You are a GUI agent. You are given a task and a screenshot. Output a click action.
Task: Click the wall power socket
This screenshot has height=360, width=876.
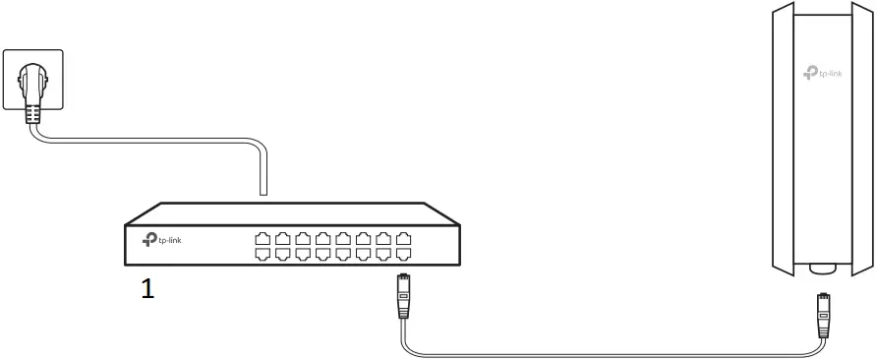click(33, 79)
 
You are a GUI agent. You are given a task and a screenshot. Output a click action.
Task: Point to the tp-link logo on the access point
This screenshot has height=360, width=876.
click(822, 73)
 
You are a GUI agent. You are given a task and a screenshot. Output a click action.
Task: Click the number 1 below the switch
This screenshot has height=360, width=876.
click(147, 291)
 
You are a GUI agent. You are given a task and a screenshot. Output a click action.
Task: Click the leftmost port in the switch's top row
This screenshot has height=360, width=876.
click(263, 237)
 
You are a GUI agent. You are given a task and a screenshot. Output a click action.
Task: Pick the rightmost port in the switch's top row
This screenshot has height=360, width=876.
click(402, 237)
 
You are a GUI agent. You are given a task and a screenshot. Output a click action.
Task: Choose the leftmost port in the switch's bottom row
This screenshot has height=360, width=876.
click(263, 253)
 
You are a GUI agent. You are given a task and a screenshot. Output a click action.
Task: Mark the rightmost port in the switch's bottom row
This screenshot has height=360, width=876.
click(402, 253)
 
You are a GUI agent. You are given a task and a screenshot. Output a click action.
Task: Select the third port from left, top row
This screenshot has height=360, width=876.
click(303, 237)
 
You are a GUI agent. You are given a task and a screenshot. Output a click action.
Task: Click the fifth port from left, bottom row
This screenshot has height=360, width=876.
click(342, 253)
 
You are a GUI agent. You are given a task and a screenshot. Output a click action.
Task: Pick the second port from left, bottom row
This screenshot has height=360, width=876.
click(282, 253)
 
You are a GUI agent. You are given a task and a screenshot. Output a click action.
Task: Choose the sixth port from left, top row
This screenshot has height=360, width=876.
click(362, 237)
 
